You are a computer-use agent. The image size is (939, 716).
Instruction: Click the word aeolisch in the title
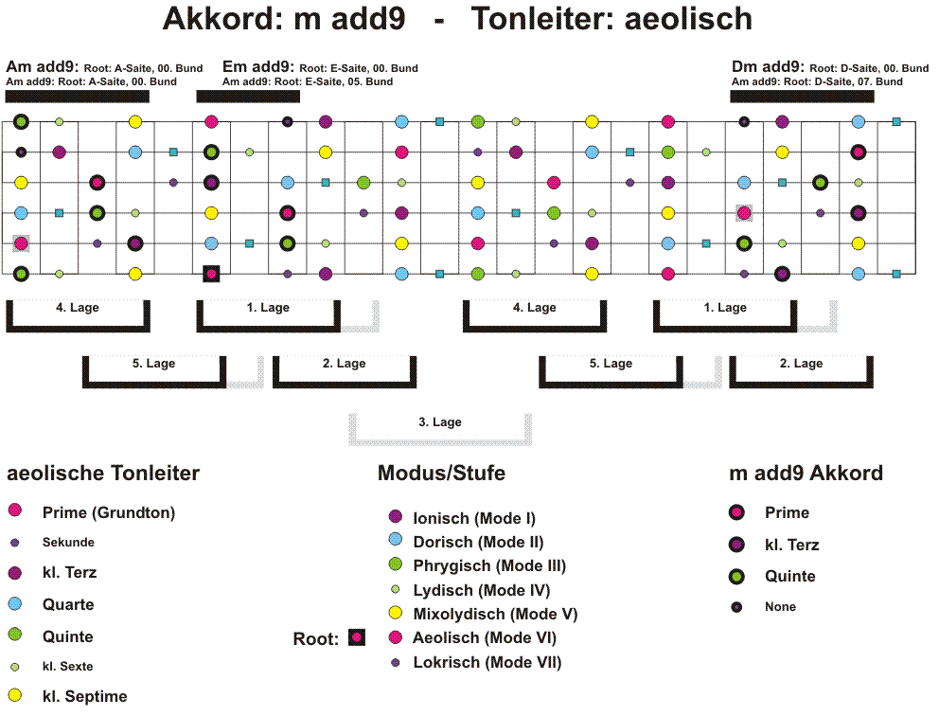tap(688, 19)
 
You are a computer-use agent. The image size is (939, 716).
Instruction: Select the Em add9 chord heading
tap(258, 66)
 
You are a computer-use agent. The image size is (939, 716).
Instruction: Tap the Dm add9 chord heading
tap(768, 66)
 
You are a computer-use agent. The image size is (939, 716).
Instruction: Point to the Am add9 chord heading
tap(43, 66)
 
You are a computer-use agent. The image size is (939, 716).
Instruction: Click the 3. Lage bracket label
tap(440, 421)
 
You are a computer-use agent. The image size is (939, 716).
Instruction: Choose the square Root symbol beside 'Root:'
tap(357, 637)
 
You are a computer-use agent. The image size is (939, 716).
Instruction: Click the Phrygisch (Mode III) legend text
tap(489, 565)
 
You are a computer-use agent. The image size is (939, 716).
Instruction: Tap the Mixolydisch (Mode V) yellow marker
tap(396, 613)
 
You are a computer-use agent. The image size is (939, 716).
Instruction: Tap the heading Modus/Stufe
tap(441, 473)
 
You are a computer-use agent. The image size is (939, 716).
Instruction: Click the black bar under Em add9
tap(248, 97)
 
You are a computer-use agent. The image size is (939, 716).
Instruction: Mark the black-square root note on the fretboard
tap(211, 274)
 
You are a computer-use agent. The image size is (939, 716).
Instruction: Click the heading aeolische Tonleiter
tap(103, 473)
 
